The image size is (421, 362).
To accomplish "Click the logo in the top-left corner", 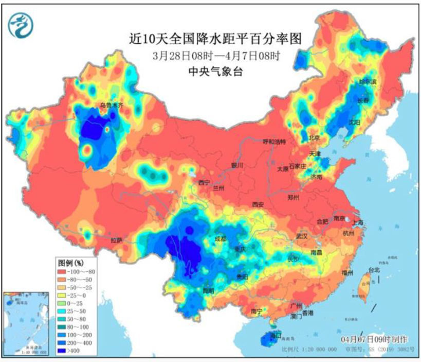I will [x=21, y=24].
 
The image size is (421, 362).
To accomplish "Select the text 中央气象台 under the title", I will [x=215, y=72].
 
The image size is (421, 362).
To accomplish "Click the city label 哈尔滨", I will [x=368, y=81].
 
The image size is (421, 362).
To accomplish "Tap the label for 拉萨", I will [x=117, y=240].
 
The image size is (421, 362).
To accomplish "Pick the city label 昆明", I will [x=208, y=290].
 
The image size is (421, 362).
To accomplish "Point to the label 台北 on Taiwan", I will [x=374, y=270].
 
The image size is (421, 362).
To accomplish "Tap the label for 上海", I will [x=357, y=222].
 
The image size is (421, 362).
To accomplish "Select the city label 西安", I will [x=258, y=204].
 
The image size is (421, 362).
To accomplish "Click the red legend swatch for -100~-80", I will [x=64, y=271].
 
